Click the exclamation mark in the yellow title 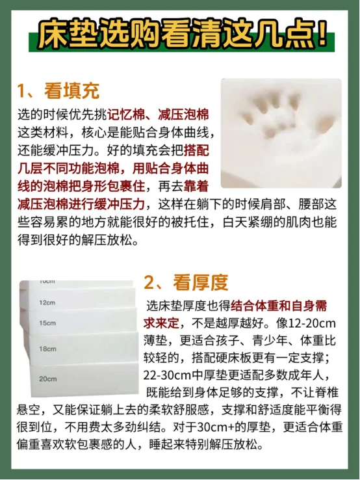[x=322, y=34]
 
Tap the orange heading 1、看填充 [x=58, y=90]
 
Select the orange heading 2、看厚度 [x=186, y=282]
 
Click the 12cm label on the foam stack [x=47, y=302]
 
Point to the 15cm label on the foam [x=47, y=323]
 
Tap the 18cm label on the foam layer [x=47, y=349]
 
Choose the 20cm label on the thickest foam [x=47, y=379]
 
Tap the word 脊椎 [x=326, y=393]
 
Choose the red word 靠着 [x=196, y=187]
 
